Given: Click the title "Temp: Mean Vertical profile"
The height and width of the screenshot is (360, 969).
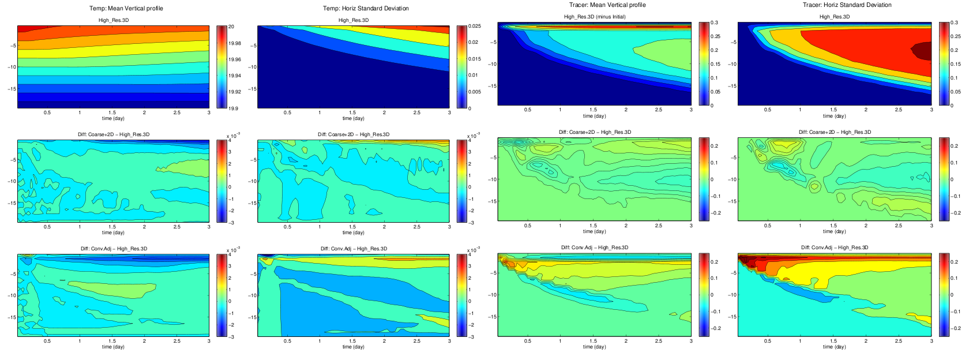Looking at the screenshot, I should click(126, 9).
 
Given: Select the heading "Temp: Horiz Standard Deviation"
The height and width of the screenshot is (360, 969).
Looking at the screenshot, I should click(366, 9).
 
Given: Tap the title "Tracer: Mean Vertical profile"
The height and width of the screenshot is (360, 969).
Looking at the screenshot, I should click(607, 5).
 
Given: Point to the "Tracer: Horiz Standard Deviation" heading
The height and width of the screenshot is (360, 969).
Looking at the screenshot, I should click(847, 5).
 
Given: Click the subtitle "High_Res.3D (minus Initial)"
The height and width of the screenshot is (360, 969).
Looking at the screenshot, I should click(594, 17).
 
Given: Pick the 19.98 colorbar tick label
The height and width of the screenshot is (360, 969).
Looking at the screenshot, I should click(235, 43).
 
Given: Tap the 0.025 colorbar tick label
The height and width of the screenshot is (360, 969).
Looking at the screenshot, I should click(474, 27).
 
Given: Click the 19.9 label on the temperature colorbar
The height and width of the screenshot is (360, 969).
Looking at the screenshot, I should click(233, 108).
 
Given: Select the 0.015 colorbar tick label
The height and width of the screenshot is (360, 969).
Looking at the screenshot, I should click(474, 59).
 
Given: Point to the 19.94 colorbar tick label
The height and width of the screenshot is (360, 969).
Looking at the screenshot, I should click(235, 76).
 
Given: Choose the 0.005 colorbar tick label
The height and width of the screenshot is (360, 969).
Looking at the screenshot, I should click(474, 92).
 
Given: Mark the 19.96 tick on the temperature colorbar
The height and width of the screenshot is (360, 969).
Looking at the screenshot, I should click(235, 59).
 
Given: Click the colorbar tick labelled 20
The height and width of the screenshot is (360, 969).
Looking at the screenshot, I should click(231, 27).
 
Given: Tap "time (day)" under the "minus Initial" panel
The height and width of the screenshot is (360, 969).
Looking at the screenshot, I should click(594, 116).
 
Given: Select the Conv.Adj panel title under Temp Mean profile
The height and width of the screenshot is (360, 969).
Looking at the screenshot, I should click(114, 249).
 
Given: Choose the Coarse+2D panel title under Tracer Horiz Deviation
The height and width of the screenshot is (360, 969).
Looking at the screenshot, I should click(835, 132).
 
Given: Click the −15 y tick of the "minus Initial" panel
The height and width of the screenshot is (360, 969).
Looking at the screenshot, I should click(492, 86).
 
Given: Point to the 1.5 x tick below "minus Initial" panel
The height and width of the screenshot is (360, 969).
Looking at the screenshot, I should click(593, 110).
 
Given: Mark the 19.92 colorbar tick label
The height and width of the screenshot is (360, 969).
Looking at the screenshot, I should click(235, 92).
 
